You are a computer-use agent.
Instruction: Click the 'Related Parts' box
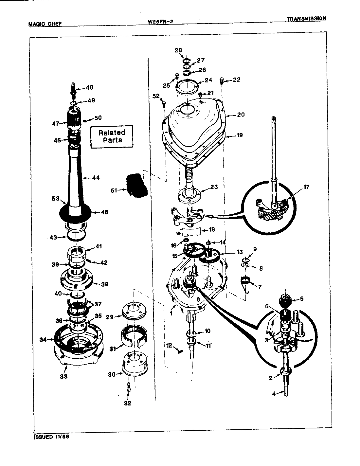(112, 136)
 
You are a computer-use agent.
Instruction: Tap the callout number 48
(90, 87)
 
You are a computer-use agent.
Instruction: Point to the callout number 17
(306, 187)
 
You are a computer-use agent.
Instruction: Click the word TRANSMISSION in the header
(306, 19)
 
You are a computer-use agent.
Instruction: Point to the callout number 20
(241, 115)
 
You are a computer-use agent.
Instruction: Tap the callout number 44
(96, 178)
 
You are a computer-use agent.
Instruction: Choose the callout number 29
(109, 317)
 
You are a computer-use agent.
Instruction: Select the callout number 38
(104, 284)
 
